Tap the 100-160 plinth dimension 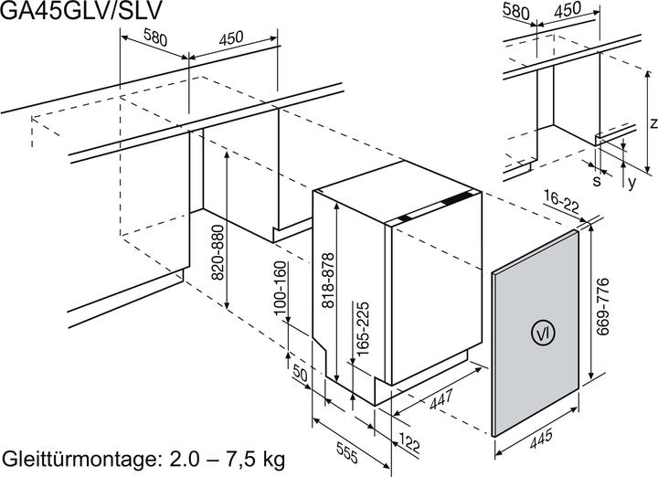[280, 288]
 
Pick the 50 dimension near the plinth [299, 375]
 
